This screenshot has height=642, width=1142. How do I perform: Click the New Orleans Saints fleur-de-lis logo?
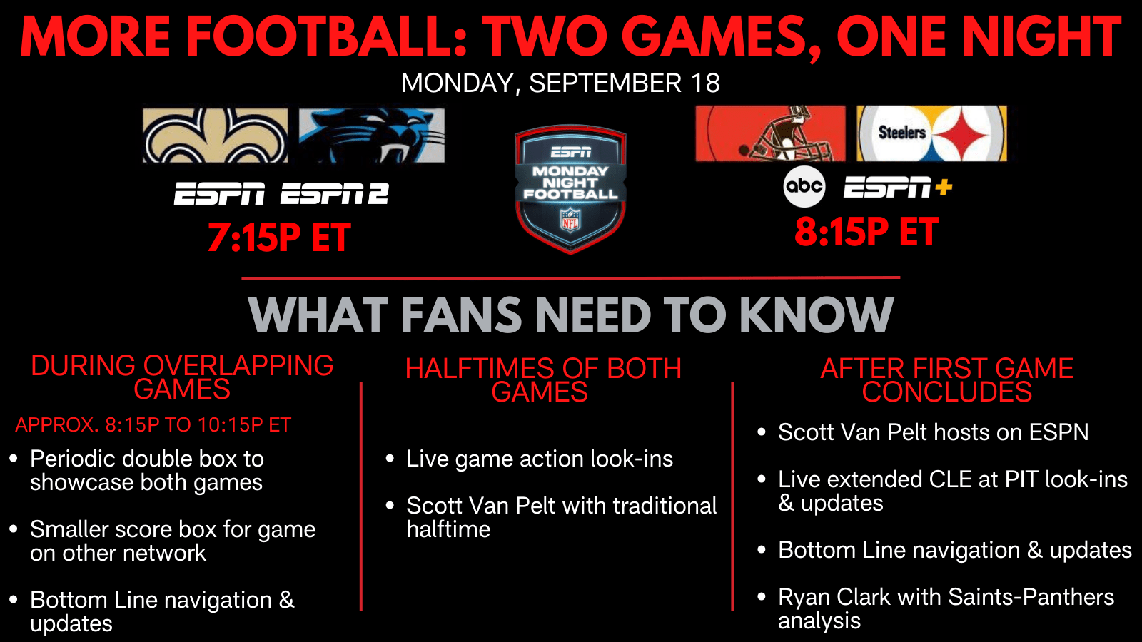point(215,136)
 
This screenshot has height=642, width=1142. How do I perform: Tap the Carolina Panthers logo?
point(372,136)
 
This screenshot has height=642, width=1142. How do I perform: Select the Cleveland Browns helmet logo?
point(770,133)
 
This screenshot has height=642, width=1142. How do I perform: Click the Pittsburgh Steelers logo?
point(932,133)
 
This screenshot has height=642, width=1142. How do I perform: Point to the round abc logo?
point(804,186)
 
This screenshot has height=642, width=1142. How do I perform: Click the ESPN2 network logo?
point(335,193)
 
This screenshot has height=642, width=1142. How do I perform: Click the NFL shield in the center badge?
point(570,220)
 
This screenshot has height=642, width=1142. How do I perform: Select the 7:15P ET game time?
point(279,238)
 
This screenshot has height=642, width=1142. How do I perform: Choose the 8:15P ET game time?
point(866,232)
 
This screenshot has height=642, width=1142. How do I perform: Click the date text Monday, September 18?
point(560,83)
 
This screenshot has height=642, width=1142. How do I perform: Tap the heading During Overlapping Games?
point(182,377)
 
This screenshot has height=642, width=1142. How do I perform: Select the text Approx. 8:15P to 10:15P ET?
point(153,425)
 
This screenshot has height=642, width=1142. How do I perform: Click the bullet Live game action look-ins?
point(540,459)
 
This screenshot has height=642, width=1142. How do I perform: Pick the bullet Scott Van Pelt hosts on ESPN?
point(933,432)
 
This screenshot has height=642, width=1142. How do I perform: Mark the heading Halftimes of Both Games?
point(543,380)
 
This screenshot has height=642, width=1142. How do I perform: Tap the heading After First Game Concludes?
point(947,380)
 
